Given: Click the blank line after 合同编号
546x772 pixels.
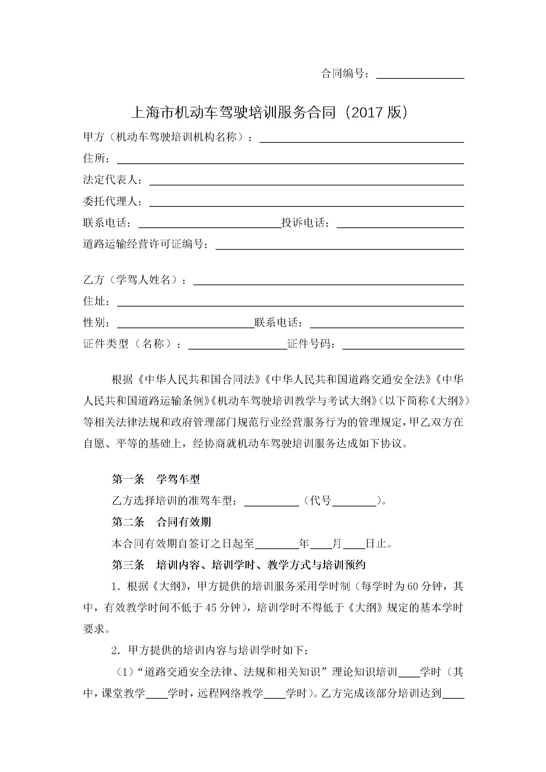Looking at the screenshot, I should pyautogui.click(x=420, y=75).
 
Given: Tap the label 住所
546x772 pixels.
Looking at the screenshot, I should pyautogui.click(x=94, y=158).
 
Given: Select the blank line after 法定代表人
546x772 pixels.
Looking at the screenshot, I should pyautogui.click(x=306, y=182).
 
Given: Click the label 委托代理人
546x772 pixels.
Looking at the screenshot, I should pyautogui.click(x=111, y=201).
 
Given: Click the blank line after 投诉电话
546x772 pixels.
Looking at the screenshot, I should pyautogui.click(x=400, y=224).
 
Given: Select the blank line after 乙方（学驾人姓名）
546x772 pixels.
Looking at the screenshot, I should pyautogui.click(x=329, y=281).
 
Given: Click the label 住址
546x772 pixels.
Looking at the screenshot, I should pyautogui.click(x=94, y=301).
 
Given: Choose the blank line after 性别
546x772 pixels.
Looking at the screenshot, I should pyautogui.click(x=186, y=324).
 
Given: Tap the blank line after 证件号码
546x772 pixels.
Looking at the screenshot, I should pyautogui.click(x=403, y=345).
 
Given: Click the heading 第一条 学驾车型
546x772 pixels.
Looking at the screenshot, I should pyautogui.click(x=156, y=479).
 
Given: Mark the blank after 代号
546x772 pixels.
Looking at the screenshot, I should pyautogui.click(x=354, y=502).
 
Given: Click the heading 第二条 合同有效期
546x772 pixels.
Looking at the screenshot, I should pyautogui.click(x=161, y=522).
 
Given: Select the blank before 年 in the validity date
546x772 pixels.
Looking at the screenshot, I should pyautogui.click(x=277, y=545).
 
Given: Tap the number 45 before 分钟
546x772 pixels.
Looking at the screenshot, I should pyautogui.click(x=211, y=608).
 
